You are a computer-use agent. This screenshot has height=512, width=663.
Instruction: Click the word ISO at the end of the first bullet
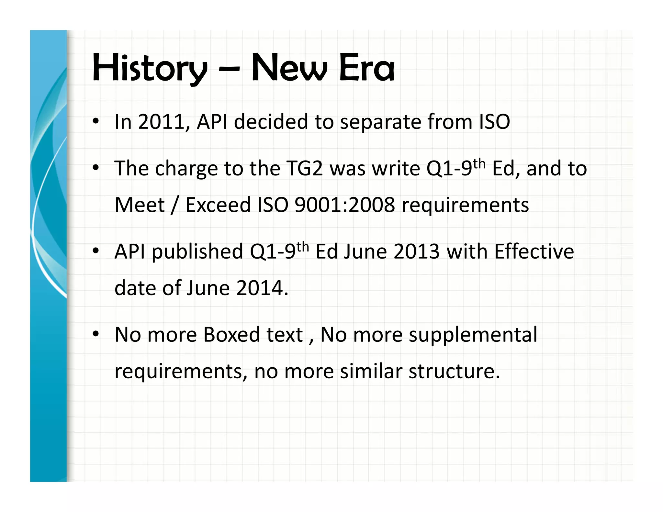(x=494, y=122)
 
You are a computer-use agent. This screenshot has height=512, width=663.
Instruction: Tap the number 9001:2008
(x=345, y=205)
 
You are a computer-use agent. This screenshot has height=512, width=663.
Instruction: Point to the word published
(x=197, y=252)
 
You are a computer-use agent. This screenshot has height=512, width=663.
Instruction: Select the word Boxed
(x=231, y=335)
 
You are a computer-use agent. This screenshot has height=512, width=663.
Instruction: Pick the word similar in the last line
(x=371, y=371)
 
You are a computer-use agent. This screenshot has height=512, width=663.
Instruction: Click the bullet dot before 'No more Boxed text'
(x=96, y=334)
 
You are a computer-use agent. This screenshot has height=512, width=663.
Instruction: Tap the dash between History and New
(x=229, y=69)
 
